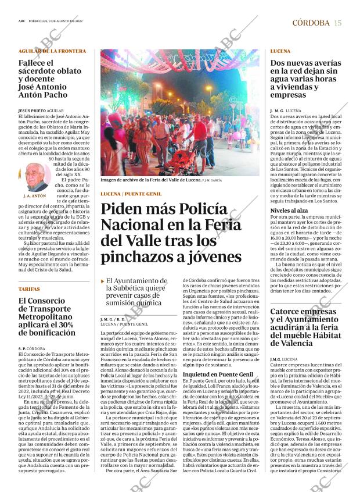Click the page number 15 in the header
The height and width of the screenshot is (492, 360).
[337, 23]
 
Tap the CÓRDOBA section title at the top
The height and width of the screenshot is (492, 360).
[311, 23]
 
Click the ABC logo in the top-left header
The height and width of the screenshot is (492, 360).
[21, 23]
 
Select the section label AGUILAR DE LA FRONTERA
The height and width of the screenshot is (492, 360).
[52, 51]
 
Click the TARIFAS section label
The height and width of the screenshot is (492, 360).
[29, 288]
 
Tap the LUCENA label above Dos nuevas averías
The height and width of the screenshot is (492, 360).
[280, 51]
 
